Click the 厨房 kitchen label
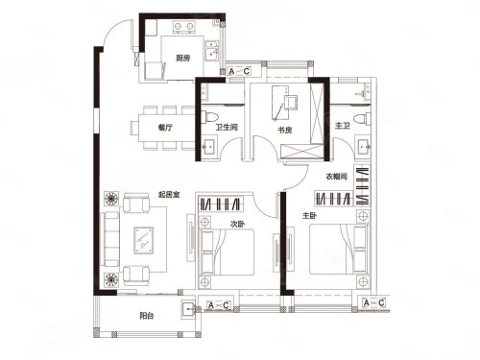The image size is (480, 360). click(182, 59)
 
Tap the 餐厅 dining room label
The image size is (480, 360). click(165, 128)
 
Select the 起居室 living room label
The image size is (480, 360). click(169, 194)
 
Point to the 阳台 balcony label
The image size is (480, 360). click(147, 316)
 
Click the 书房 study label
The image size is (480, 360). click(284, 131)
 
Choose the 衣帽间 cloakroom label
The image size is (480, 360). click(336, 177)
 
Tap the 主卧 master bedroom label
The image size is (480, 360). click(309, 216)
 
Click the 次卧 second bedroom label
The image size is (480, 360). click(238, 225)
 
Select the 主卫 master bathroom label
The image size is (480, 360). click(342, 126)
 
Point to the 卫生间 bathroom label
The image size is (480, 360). click(227, 128)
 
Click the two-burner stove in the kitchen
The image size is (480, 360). click(184, 27)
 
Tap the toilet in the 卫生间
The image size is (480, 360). click(211, 116)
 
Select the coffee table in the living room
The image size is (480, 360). click(144, 241)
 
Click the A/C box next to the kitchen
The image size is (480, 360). click(239, 71)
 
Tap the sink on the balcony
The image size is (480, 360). click(188, 310)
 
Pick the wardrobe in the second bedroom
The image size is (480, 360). click(221, 204)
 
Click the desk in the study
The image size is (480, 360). click(285, 103)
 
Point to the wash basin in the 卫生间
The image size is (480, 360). click(210, 147)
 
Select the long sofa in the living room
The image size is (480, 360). click(109, 239)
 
